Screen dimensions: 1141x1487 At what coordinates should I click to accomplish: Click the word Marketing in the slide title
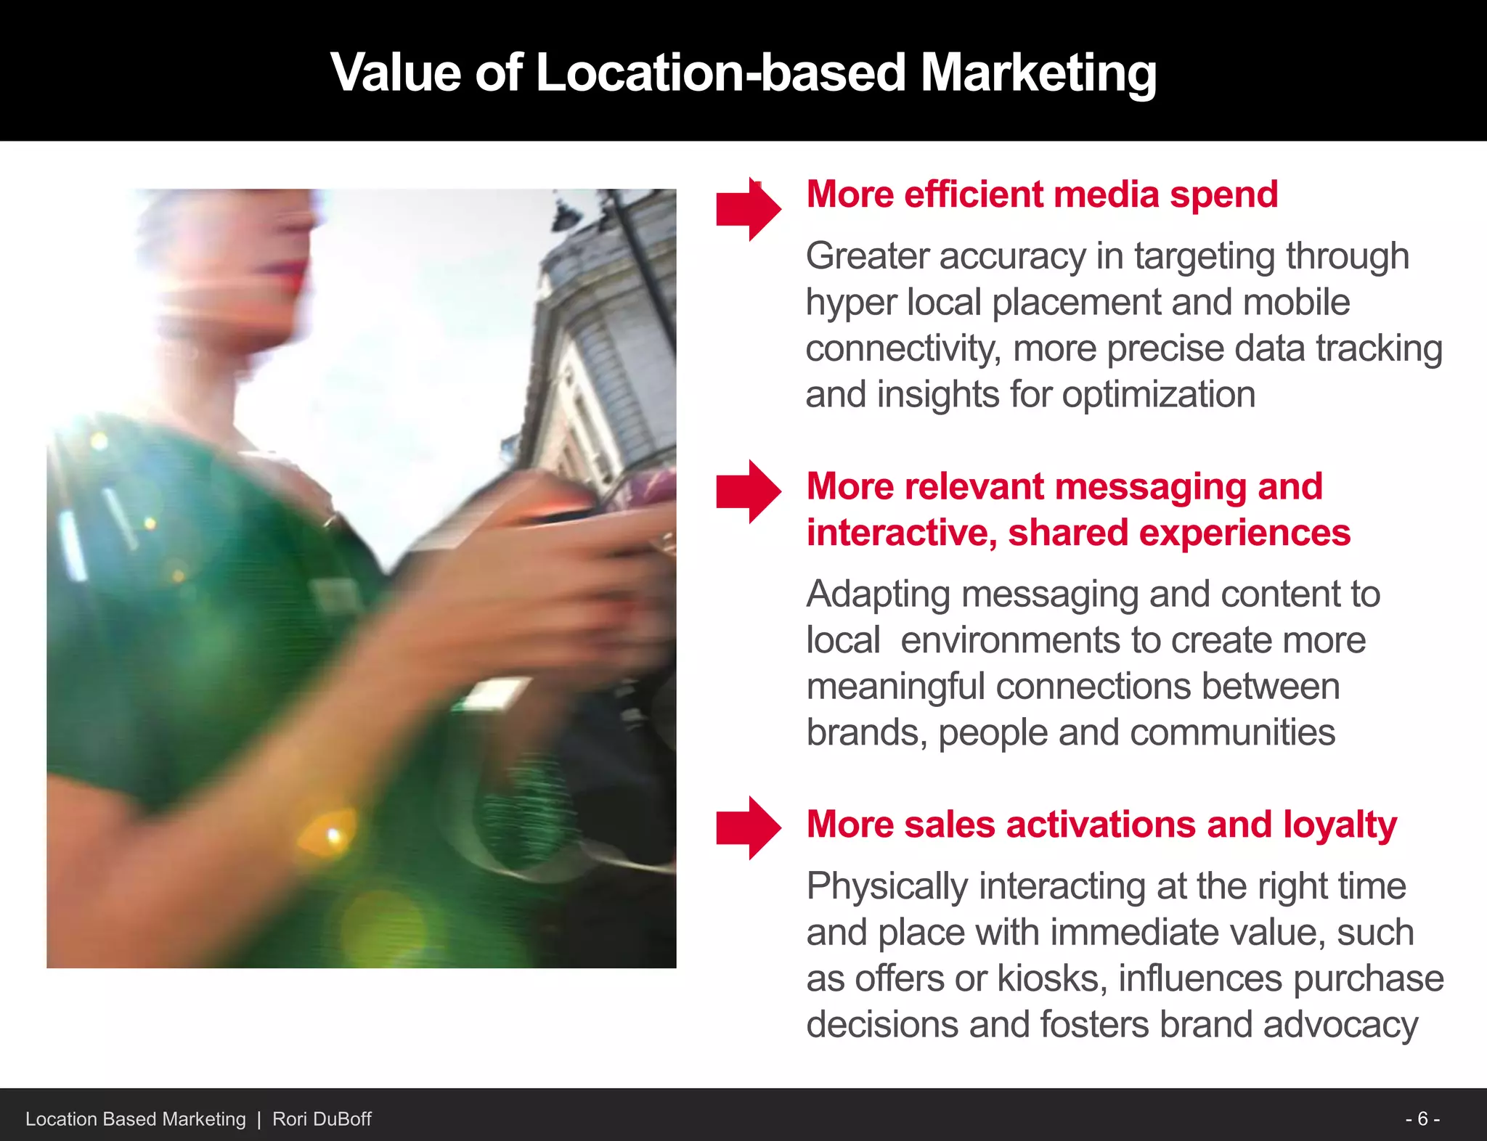tap(1038, 74)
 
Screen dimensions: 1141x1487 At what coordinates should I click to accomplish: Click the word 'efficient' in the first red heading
tap(973, 195)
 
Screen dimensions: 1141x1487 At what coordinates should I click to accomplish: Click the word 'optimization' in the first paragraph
tap(1159, 395)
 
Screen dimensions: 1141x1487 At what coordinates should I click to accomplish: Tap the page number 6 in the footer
tap(1423, 1118)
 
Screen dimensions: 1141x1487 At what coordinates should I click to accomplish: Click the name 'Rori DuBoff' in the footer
tap(322, 1119)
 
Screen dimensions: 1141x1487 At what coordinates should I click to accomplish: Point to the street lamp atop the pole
tap(566, 213)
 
